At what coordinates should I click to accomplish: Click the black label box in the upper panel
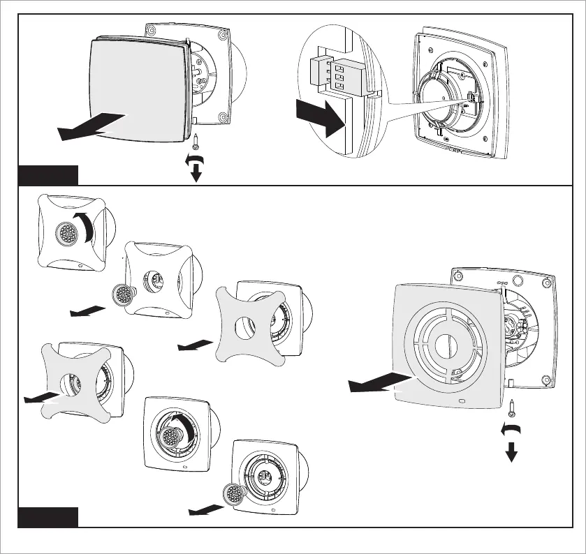pos(48,174)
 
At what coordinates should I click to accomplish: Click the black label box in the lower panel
pos(48,517)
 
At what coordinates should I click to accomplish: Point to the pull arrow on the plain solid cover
pos(91,126)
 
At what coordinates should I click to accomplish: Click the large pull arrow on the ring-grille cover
pos(381,382)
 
